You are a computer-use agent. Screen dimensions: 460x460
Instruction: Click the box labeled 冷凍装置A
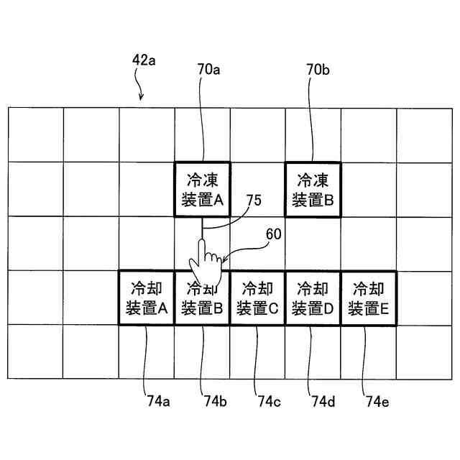pos(202,189)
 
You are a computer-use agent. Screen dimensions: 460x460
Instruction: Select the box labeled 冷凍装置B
pos(313,189)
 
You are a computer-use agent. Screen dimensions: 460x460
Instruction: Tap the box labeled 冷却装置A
pos(147,298)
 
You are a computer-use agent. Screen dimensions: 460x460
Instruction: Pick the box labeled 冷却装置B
pos(202,298)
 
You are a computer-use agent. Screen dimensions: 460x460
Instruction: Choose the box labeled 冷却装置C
pos(257,298)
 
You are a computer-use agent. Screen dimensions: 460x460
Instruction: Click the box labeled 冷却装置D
pos(313,298)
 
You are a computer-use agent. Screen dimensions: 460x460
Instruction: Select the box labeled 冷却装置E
pos(368,298)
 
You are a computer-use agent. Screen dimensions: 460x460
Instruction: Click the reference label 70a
pos(208,70)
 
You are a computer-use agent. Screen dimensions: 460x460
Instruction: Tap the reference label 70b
pos(318,70)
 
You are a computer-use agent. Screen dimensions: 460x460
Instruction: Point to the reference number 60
pos(274,234)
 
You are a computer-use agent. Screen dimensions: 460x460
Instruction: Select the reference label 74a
pos(160,401)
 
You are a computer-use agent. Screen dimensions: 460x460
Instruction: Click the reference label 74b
pos(215,401)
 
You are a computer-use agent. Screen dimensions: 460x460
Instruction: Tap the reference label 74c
pos(268,401)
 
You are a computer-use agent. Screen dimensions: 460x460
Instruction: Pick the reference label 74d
pos(323,401)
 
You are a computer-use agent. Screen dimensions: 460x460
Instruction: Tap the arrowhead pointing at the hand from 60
pos(224,259)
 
